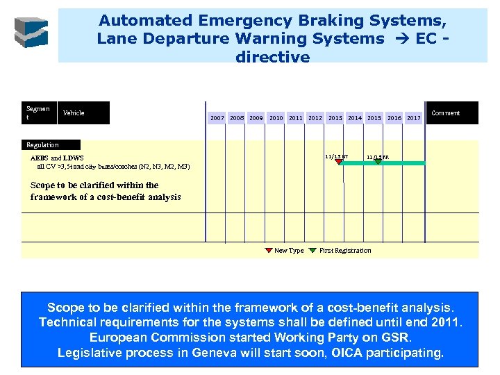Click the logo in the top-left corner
coord(32,32)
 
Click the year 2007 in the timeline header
coord(217,118)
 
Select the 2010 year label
coord(276,118)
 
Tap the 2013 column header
coord(335,118)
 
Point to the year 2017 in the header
coord(414,118)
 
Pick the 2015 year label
coord(374,118)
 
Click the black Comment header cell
coord(446,112)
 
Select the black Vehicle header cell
coord(83,112)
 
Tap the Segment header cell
coord(37,112)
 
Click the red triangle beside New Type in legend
coord(269,250)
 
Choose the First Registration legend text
coord(345,251)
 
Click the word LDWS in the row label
coord(74,158)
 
